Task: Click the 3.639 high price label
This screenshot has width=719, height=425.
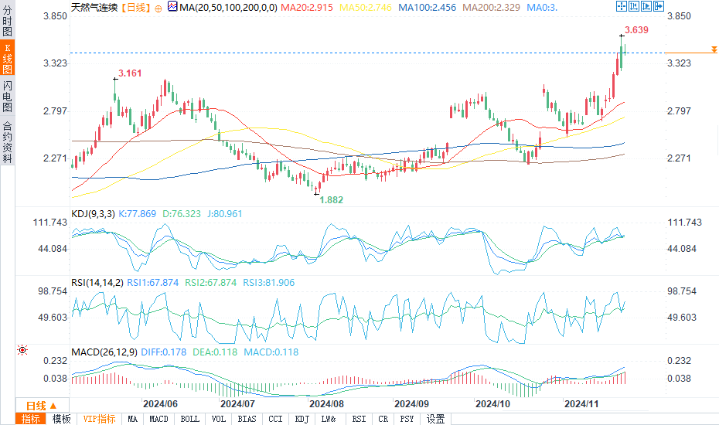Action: click(636, 30)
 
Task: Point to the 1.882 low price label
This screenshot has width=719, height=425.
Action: click(332, 199)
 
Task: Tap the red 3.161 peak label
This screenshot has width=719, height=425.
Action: click(129, 74)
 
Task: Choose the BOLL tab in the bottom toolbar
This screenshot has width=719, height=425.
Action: click(189, 419)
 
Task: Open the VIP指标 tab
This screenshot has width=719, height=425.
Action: click(100, 419)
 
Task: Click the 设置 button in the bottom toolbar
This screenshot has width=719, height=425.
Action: click(435, 419)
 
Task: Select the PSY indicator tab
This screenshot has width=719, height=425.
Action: click(407, 419)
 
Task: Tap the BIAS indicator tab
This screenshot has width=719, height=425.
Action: click(247, 419)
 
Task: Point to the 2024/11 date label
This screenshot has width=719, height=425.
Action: click(581, 404)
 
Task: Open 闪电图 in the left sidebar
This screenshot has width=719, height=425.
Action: click(7, 93)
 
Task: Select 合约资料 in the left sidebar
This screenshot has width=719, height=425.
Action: click(7, 141)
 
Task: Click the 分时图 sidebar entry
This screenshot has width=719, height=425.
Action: click(7, 16)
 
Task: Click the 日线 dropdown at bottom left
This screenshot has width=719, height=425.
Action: click(42, 406)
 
